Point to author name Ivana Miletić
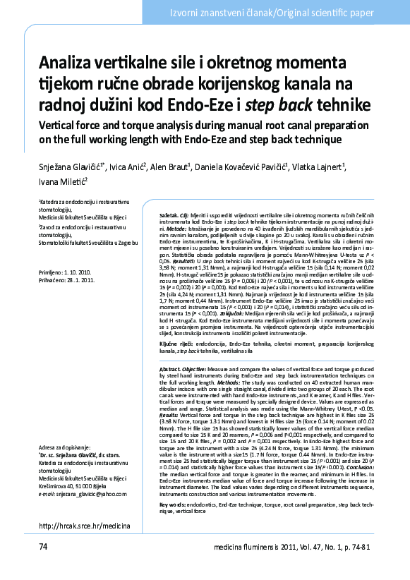pos(61,181)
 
